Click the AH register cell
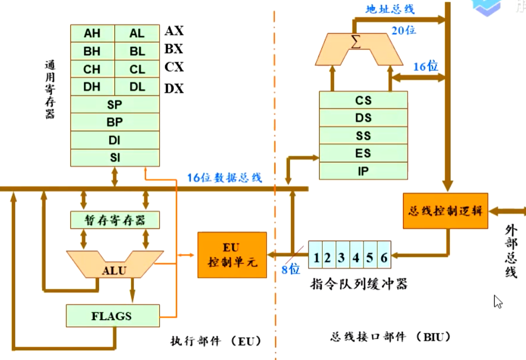click(93, 34)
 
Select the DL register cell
click(137, 87)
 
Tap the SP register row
click(115, 104)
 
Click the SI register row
click(115, 157)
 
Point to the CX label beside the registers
click(174, 68)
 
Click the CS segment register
click(363, 100)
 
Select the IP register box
click(363, 171)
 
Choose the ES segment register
click(363, 153)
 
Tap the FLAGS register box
click(112, 316)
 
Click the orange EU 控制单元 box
click(232, 255)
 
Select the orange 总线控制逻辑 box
click(445, 211)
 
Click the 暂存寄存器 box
click(115, 220)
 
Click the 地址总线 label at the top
click(390, 9)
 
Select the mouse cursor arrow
click(497, 302)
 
